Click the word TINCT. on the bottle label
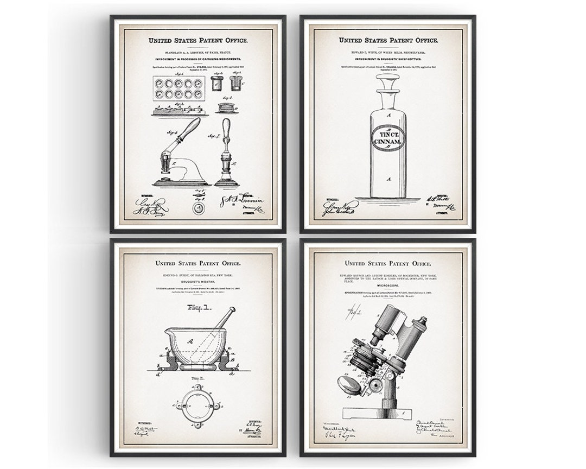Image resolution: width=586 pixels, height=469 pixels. (x=387, y=134)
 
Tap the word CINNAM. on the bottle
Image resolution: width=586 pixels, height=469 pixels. (x=387, y=143)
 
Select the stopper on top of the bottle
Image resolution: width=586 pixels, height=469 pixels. (x=388, y=83)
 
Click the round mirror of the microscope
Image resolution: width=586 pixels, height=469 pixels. (x=350, y=385)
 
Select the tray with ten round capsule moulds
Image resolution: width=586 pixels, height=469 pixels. (x=179, y=87)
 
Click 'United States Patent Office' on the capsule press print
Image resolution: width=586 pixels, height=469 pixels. (x=198, y=40)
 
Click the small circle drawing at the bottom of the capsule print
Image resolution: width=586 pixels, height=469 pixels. (x=198, y=209)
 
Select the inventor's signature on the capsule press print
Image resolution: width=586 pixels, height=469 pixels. (x=239, y=201)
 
